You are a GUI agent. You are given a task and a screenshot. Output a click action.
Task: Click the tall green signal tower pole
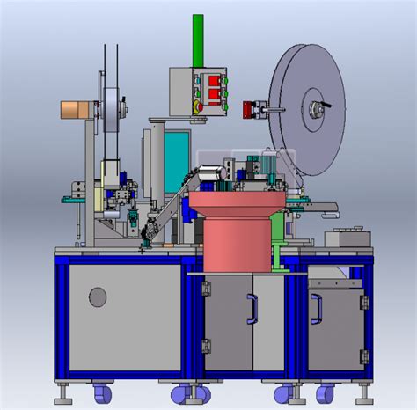coord(197,40)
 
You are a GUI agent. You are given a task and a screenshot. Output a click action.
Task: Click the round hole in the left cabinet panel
coord(98,297)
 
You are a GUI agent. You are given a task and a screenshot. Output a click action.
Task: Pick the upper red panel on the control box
coord(214,84)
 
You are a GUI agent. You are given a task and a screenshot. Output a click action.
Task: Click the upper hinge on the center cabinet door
coord(207,289)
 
